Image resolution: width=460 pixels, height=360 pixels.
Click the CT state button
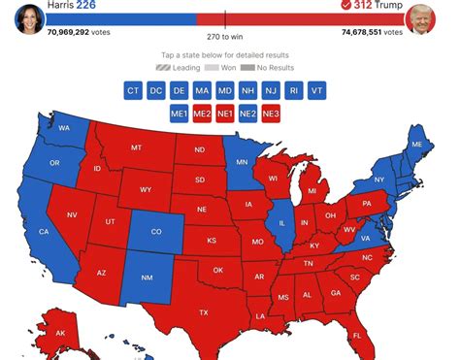point(134,90)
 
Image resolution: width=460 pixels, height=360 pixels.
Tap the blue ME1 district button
point(180,114)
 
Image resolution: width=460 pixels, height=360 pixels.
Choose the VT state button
point(318,90)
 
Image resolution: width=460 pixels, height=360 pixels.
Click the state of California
point(44,232)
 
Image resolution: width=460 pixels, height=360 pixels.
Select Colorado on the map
point(155,232)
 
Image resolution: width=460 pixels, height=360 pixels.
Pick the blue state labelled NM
point(148,278)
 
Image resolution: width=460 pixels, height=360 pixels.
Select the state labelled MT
point(137,147)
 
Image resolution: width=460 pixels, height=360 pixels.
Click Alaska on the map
point(60,333)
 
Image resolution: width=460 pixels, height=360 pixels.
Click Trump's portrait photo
point(421,18)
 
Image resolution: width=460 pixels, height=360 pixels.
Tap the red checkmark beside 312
point(346,6)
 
